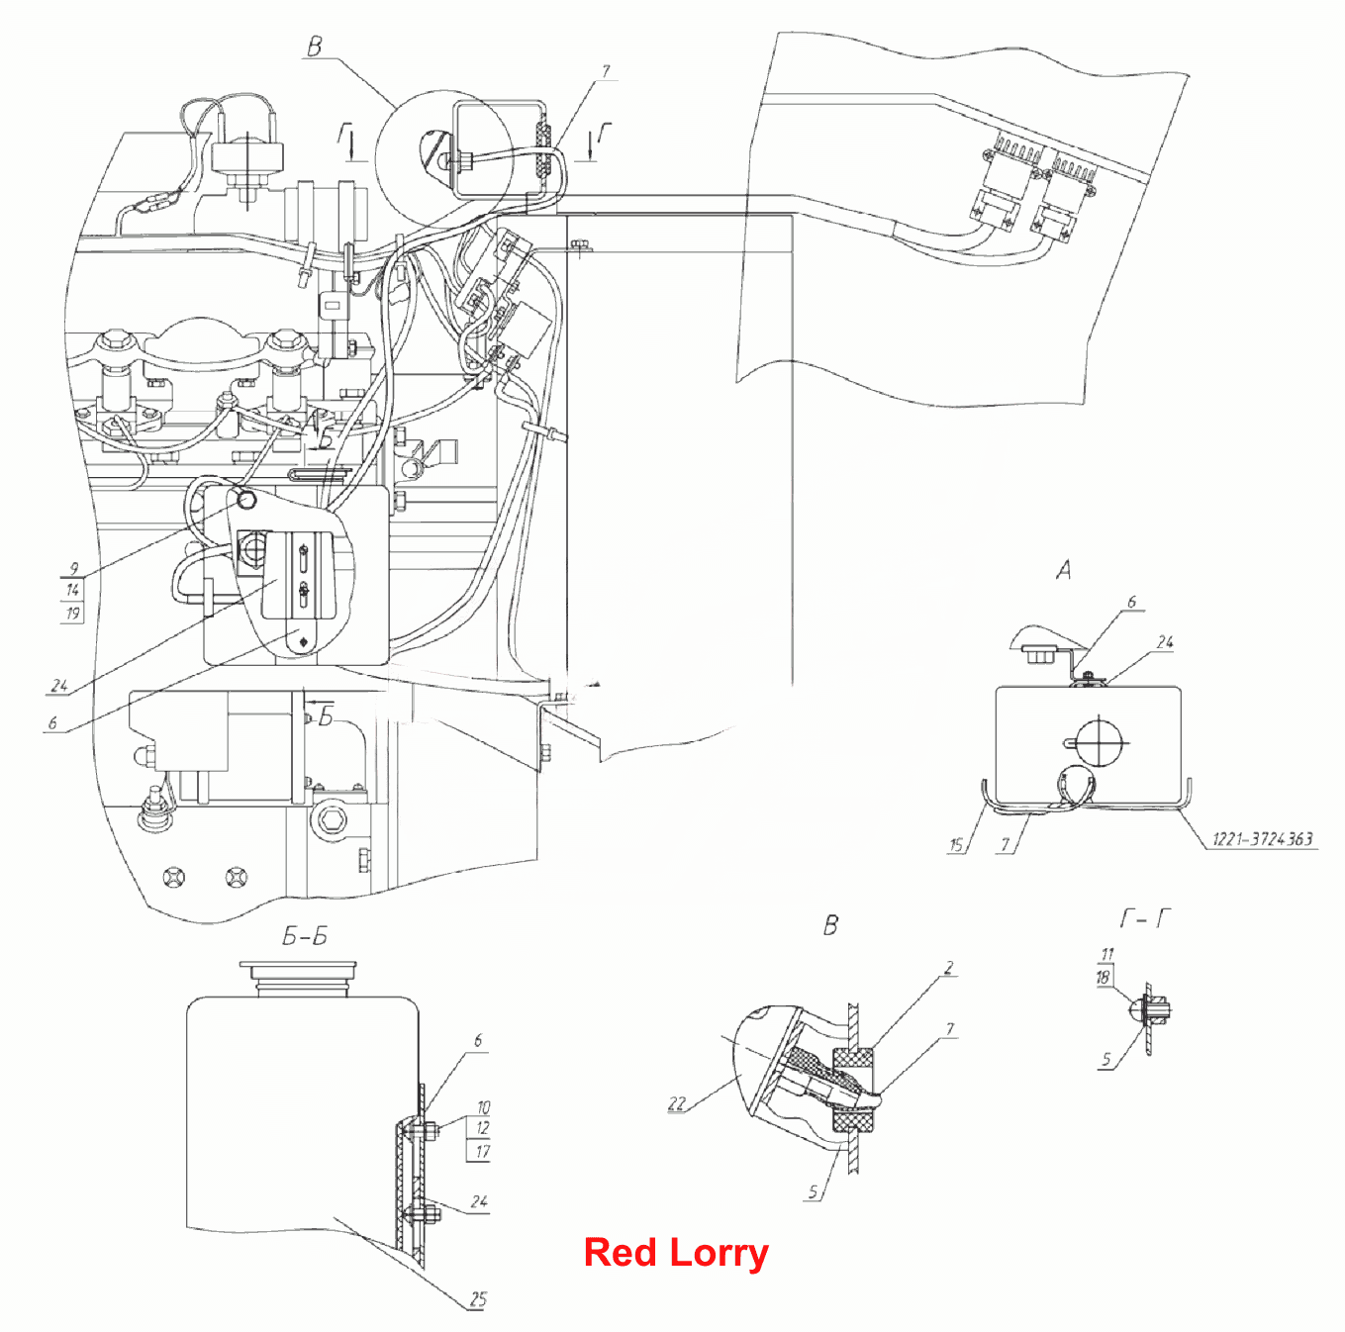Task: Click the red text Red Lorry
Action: (676, 1253)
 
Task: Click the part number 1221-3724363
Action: (1262, 838)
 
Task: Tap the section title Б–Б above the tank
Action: (304, 936)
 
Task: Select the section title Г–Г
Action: (1145, 918)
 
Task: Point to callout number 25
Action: (478, 1299)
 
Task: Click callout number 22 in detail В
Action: (677, 1103)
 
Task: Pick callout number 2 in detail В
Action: (949, 968)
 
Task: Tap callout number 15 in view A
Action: (955, 845)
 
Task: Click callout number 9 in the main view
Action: (74, 568)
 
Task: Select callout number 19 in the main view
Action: (72, 614)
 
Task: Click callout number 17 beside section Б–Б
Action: (482, 1151)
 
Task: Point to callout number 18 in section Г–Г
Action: (1103, 977)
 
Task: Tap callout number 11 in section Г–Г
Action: (1107, 954)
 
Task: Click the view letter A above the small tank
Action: (1063, 570)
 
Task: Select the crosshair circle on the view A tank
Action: (1100, 741)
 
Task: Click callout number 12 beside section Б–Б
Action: (482, 1128)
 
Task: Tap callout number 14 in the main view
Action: (72, 591)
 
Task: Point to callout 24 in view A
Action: (1165, 641)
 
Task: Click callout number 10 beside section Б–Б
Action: (483, 1107)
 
